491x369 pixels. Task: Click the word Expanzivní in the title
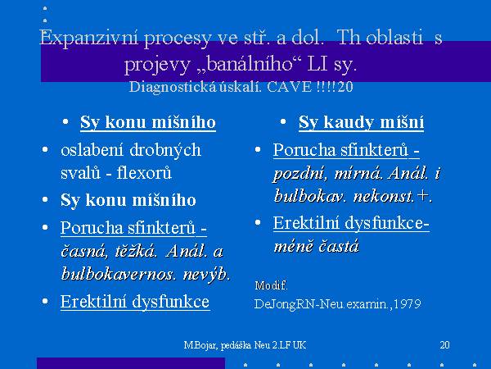(x=88, y=39)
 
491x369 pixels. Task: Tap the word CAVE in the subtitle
(x=290, y=87)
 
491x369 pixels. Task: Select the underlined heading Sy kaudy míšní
(x=361, y=121)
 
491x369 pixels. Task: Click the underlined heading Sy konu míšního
(x=148, y=122)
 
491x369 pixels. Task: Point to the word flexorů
(x=144, y=173)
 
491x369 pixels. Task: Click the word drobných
(x=165, y=150)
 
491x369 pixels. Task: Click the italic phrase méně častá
(x=316, y=246)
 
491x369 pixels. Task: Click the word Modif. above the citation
(x=271, y=285)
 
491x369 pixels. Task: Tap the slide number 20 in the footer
(x=444, y=345)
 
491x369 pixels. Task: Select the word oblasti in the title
(x=394, y=38)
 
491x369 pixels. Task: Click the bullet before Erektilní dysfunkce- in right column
(x=258, y=222)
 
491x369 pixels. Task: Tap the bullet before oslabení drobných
(x=45, y=149)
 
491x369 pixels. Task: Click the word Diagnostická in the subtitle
(x=173, y=87)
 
